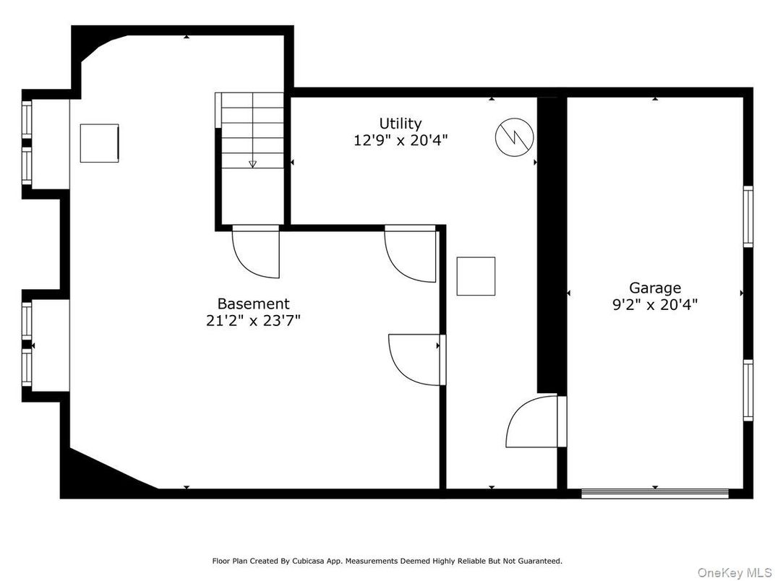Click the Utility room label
401,124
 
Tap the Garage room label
655,288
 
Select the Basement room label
254,304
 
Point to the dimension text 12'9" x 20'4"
401,140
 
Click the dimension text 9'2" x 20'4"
655,304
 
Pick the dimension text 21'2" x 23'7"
254,321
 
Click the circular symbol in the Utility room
515,137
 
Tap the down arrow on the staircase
252,164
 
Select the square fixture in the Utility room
476,276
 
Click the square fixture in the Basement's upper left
99,143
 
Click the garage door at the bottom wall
655,493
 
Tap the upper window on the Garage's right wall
748,216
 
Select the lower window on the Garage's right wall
748,390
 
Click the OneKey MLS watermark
734,572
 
